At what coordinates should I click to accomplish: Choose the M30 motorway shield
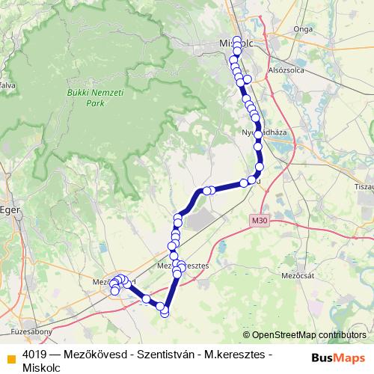click(x=259, y=218)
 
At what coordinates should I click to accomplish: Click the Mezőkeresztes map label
click(x=183, y=266)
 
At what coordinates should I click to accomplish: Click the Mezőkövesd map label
click(x=112, y=282)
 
